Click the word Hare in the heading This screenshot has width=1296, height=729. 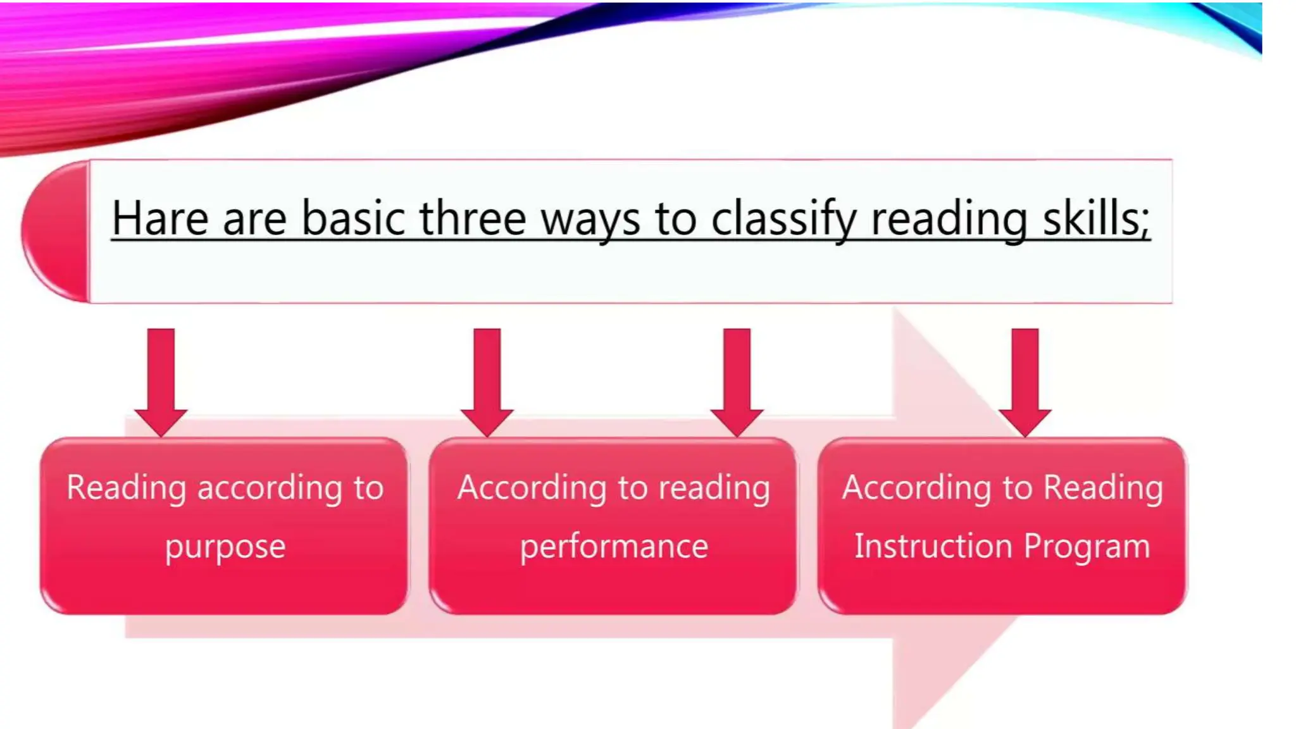[x=159, y=218]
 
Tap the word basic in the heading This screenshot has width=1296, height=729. [x=353, y=218]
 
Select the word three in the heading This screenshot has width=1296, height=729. [x=472, y=218]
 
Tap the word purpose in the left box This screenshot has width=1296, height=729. [x=225, y=547]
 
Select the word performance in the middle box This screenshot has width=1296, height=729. [x=614, y=547]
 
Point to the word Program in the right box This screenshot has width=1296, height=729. [x=1087, y=547]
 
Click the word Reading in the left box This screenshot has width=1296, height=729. [x=127, y=489]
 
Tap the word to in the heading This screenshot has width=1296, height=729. [x=675, y=218]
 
